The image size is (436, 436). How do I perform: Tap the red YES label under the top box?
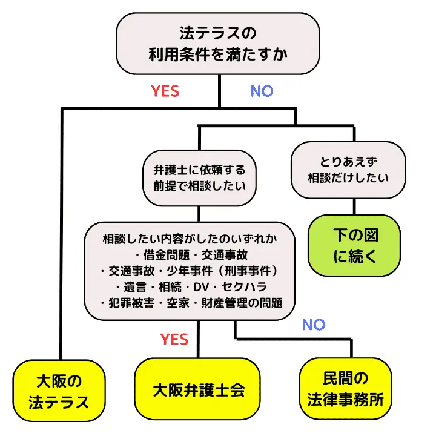click(x=165, y=91)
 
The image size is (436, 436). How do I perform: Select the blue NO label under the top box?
click(x=262, y=91)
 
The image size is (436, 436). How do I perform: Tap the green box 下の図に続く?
click(x=355, y=246)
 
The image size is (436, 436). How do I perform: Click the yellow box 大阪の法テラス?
click(x=59, y=392)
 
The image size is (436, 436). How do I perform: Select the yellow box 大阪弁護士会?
click(x=199, y=389)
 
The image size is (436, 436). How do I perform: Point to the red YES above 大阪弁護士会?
click(x=174, y=339)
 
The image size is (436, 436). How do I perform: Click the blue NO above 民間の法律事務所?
click(x=313, y=325)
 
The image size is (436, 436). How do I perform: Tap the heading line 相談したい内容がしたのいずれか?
click(x=190, y=239)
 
